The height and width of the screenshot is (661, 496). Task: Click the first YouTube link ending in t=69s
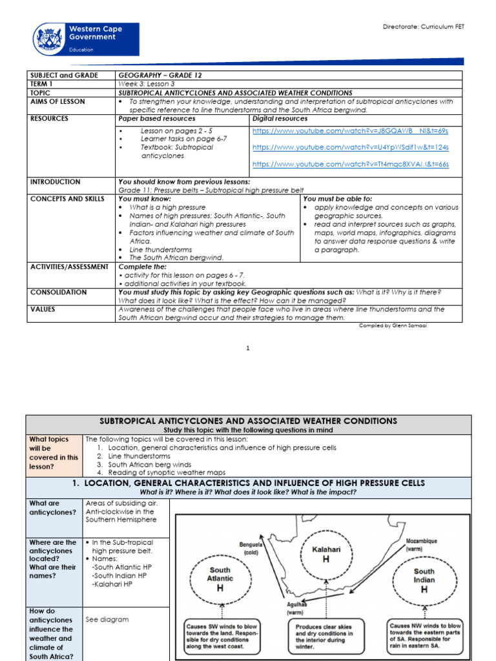[349, 130]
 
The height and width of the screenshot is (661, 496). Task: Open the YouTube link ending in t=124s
[350, 147]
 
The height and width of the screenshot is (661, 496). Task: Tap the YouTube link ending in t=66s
[350, 165]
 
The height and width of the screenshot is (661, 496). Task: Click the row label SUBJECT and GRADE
[64, 76]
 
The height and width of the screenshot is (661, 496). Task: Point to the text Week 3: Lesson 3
[147, 84]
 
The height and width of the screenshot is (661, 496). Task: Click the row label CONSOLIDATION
[58, 292]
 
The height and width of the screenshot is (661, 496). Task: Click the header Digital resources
[280, 119]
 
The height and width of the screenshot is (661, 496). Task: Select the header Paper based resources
[156, 119]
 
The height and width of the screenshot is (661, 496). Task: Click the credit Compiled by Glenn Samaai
[394, 326]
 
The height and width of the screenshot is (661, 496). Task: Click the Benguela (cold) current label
[251, 549]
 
